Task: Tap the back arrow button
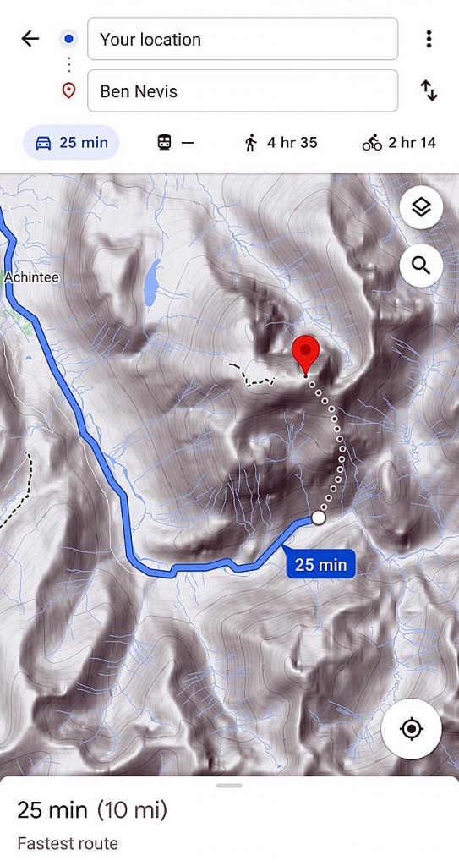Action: pyautogui.click(x=30, y=39)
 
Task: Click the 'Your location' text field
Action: pyautogui.click(x=243, y=39)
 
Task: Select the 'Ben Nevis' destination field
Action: pyautogui.click(x=243, y=90)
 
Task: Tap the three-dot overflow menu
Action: pyautogui.click(x=429, y=39)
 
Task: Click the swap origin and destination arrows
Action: pyautogui.click(x=429, y=90)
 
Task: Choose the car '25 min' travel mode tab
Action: pyautogui.click(x=71, y=143)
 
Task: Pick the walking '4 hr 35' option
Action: pyautogui.click(x=280, y=143)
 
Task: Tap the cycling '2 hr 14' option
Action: pyautogui.click(x=399, y=143)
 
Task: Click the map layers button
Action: pyautogui.click(x=421, y=207)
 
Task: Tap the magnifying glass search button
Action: pyautogui.click(x=421, y=266)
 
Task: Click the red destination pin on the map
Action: pyautogui.click(x=305, y=353)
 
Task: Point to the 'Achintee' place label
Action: pyautogui.click(x=31, y=277)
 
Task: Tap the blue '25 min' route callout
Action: pyautogui.click(x=320, y=564)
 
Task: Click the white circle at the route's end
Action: pyautogui.click(x=319, y=517)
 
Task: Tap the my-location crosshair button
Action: pyautogui.click(x=412, y=729)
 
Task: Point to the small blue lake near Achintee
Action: pyautogui.click(x=151, y=284)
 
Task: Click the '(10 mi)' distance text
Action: pyautogui.click(x=132, y=810)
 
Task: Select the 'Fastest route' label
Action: pyautogui.click(x=68, y=843)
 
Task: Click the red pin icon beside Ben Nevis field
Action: pyautogui.click(x=69, y=90)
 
